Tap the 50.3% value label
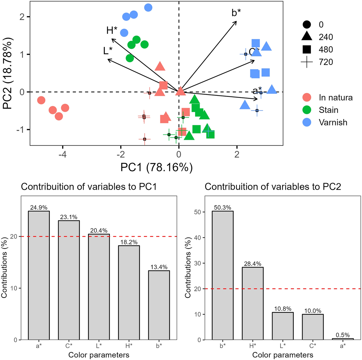click(222, 208)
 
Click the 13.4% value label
click(159, 267)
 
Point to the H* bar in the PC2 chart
click(253, 303)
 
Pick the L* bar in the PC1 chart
click(99, 287)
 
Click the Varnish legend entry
click(333, 122)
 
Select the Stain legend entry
click(328, 110)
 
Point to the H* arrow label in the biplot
click(112, 30)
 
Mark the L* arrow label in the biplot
click(108, 51)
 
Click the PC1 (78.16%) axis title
click(156, 167)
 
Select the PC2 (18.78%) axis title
click(7, 73)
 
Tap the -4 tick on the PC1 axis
click(63, 155)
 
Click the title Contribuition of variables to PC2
click(273, 187)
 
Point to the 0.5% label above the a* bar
click(343, 335)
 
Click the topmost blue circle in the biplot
click(148, 8)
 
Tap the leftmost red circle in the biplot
click(41, 100)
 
